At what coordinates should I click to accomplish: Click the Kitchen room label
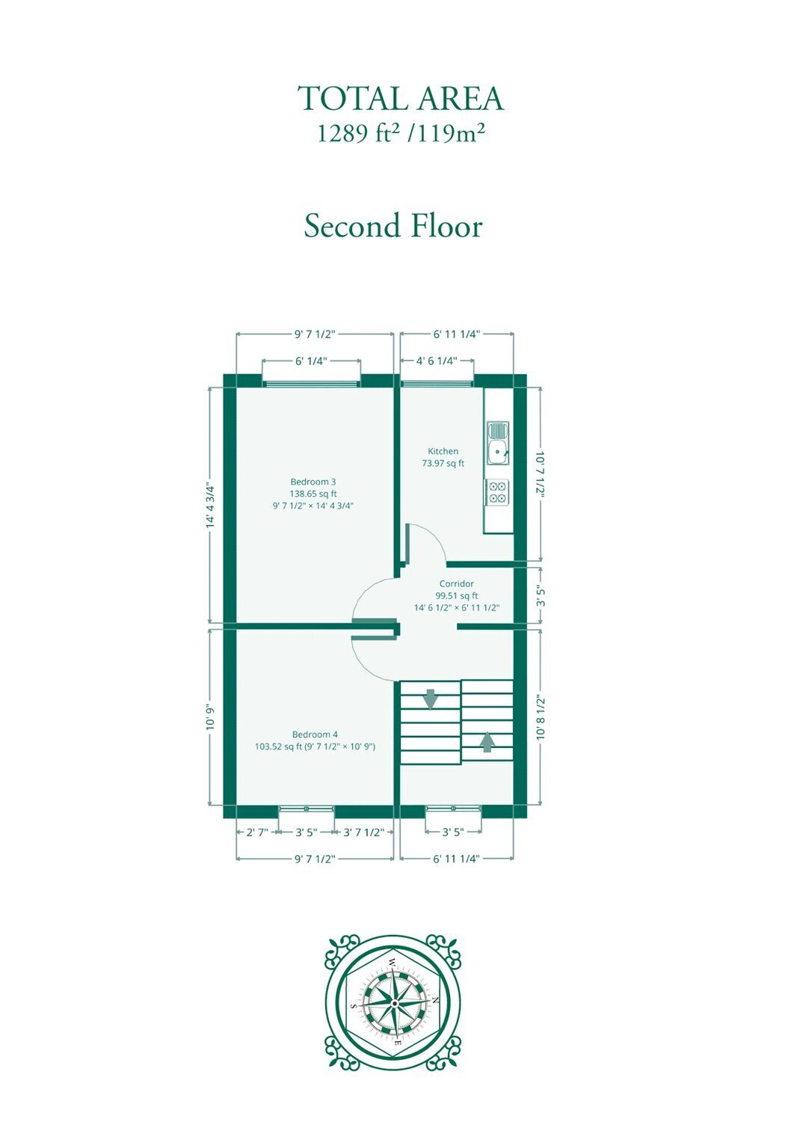(443, 451)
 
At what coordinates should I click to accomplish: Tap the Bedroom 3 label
(313, 482)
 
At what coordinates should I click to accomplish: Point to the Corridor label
(456, 583)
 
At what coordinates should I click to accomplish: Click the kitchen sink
(498, 443)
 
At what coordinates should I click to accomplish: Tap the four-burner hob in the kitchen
(496, 491)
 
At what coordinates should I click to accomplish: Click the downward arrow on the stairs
(430, 699)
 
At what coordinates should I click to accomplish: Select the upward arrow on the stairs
(487, 742)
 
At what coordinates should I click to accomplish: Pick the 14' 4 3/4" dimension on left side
(211, 506)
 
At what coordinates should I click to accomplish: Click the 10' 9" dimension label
(211, 717)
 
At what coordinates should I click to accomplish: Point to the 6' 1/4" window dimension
(311, 361)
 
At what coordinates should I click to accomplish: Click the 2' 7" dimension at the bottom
(257, 832)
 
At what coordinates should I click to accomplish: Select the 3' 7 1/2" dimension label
(363, 832)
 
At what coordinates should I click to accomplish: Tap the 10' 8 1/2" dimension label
(541, 717)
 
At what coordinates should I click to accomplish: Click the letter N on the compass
(436, 1000)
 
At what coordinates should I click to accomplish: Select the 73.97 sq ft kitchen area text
(443, 463)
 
